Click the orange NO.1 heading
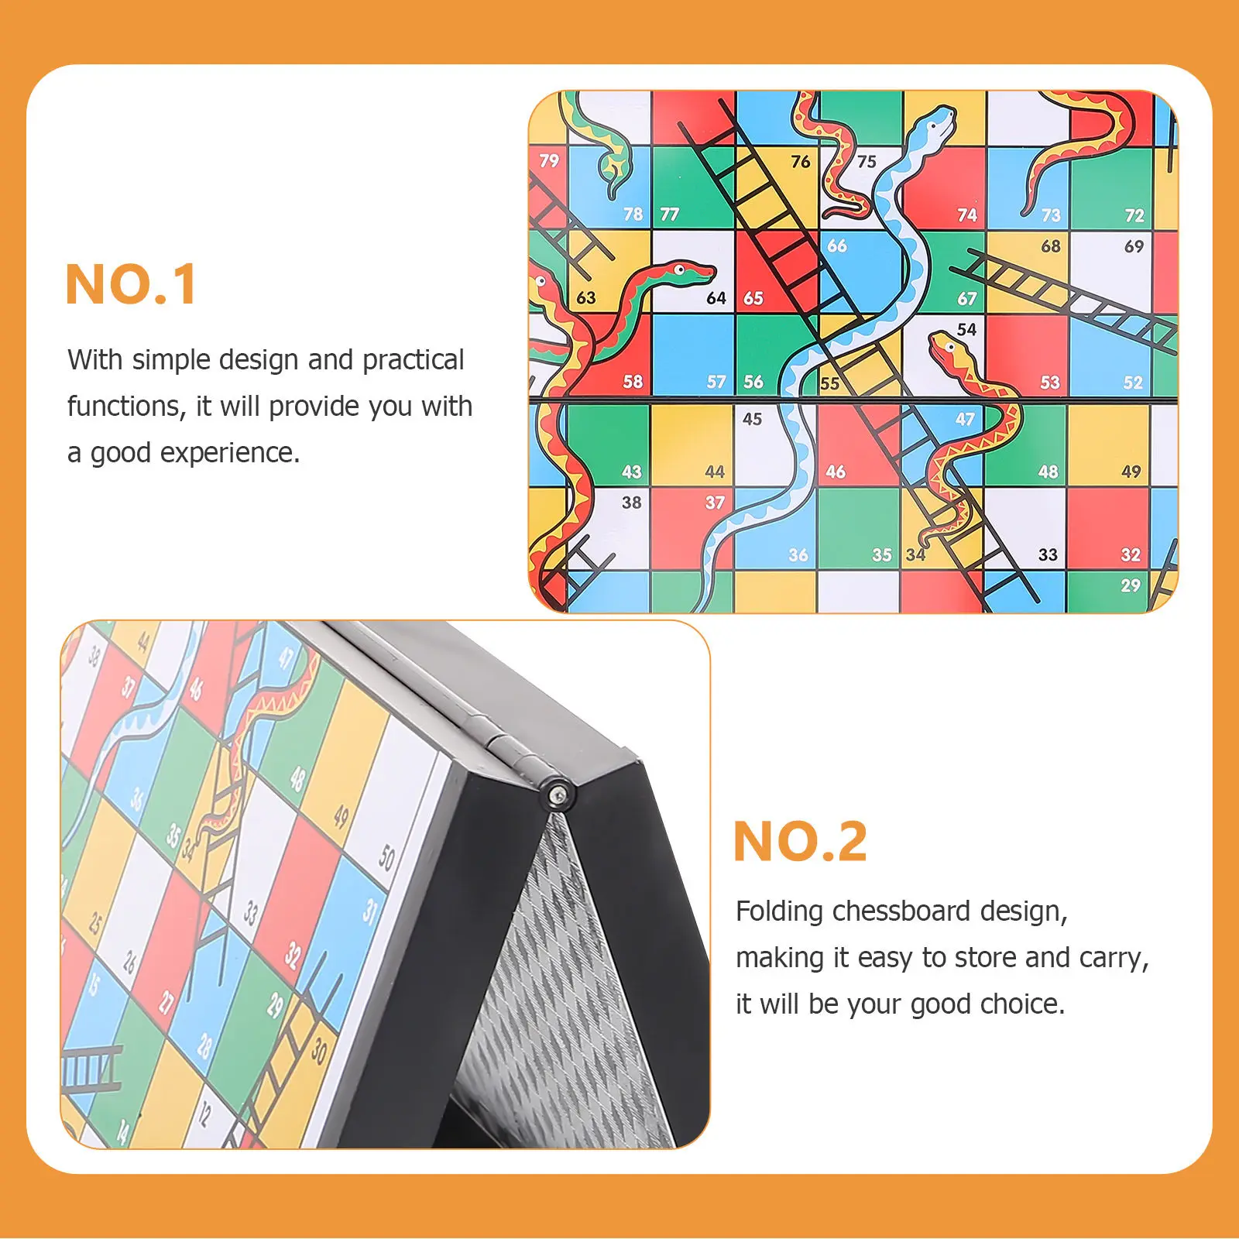(131, 285)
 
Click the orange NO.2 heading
(800, 842)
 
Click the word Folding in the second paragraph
(779, 911)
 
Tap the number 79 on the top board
(549, 160)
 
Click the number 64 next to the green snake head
(716, 298)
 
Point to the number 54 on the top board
(966, 329)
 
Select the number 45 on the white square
(752, 419)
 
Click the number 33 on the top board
(1048, 554)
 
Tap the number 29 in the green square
(1130, 585)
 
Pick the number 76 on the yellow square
(800, 161)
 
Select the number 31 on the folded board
(370, 911)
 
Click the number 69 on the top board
(1134, 246)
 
